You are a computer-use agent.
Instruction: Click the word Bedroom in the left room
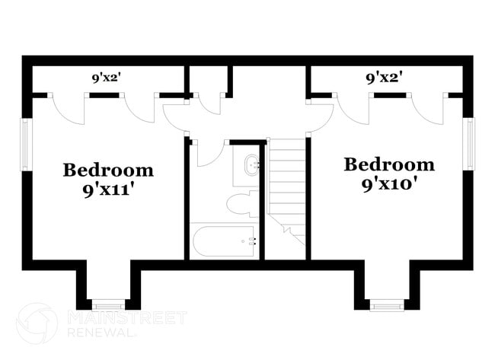(107, 170)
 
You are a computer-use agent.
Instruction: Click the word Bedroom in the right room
(389, 164)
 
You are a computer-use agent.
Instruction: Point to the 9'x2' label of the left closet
(107, 77)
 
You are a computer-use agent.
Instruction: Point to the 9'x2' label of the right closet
(384, 77)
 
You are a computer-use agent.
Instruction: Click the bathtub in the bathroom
(224, 241)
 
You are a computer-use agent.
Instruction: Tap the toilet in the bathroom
(243, 204)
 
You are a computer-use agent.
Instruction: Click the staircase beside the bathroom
(286, 186)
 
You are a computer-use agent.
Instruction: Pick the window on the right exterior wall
(470, 144)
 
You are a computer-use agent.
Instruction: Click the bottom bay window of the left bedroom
(107, 304)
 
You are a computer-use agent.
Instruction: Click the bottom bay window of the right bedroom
(387, 306)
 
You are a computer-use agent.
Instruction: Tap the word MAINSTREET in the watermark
(126, 317)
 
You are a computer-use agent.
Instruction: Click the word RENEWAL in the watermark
(102, 333)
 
